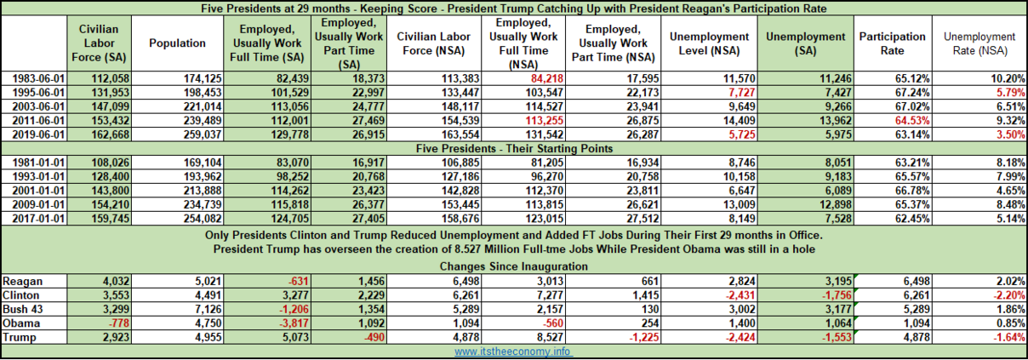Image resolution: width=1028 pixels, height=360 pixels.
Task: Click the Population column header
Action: tap(177, 43)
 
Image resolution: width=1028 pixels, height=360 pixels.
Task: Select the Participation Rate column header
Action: tap(880, 43)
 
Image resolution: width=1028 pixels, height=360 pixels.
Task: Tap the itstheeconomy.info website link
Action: tap(512, 351)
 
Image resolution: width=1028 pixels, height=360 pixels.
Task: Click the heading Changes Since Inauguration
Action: tap(513, 266)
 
